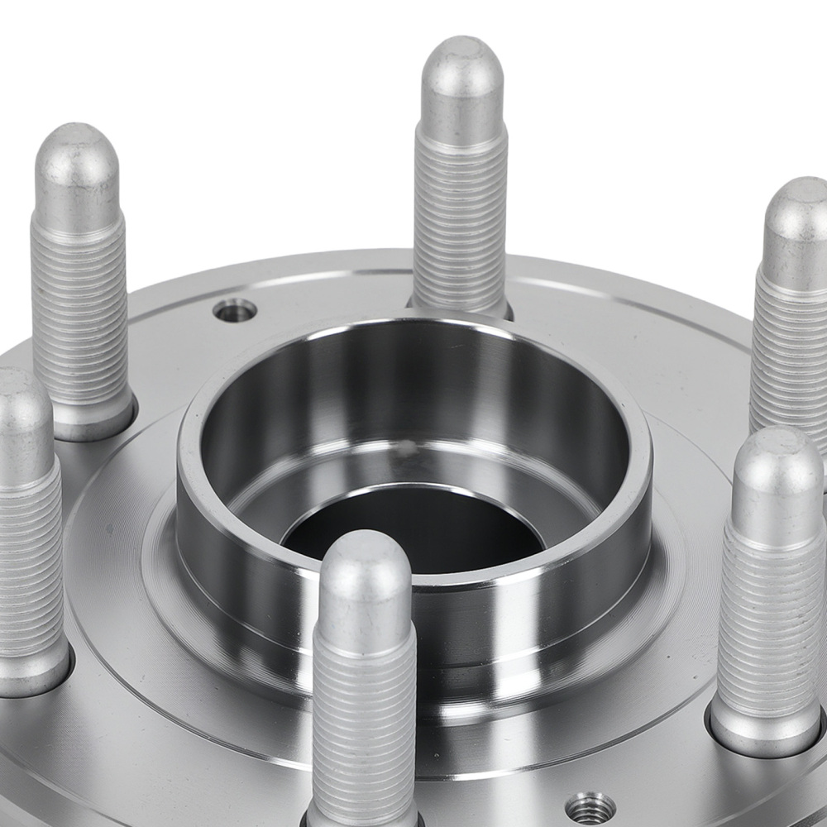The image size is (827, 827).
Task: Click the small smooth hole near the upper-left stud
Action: coord(234,311)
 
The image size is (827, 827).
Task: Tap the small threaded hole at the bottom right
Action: coord(591,806)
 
